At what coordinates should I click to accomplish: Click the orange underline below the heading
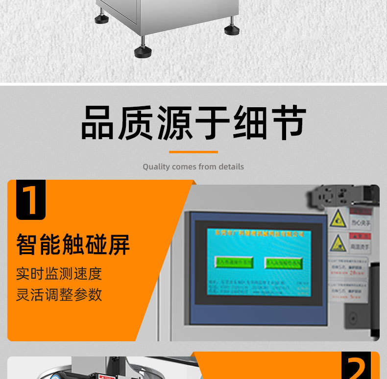point(193,152)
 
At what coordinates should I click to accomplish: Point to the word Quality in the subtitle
point(156,167)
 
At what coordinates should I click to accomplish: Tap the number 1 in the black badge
point(30,199)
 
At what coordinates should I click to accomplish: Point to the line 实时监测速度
point(59,273)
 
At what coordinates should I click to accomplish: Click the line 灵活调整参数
point(59,295)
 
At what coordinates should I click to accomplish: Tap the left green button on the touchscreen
point(233,262)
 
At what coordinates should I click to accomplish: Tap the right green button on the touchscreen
point(284,262)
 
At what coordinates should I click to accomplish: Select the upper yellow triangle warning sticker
point(338,218)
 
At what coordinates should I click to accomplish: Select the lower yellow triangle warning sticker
point(338,242)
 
